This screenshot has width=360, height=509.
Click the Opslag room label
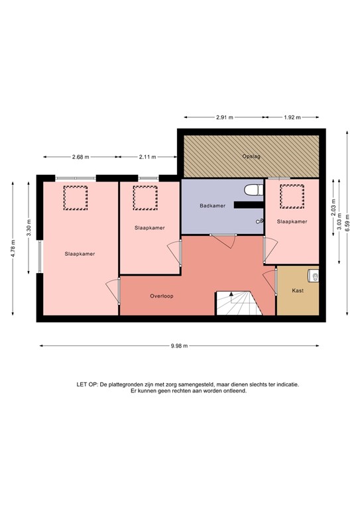click(251, 156)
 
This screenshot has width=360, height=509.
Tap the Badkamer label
click(213, 205)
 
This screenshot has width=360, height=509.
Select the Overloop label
click(162, 296)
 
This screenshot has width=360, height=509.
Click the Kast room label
click(298, 290)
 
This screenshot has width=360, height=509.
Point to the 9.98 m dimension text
click(179, 346)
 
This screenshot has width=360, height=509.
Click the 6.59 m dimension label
click(347, 223)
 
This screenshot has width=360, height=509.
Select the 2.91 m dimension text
click(225, 117)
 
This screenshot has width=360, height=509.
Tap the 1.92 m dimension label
click(292, 117)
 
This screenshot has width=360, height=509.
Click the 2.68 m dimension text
click(80, 157)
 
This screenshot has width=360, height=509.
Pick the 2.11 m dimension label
click(147, 157)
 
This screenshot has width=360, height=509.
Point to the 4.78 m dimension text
click(13, 249)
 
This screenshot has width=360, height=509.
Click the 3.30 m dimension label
click(29, 228)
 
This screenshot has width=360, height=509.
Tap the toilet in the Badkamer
click(253, 190)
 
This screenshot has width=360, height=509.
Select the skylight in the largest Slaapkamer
click(76, 198)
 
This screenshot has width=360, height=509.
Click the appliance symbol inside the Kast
click(314, 276)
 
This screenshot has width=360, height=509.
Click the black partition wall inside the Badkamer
click(249, 205)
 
